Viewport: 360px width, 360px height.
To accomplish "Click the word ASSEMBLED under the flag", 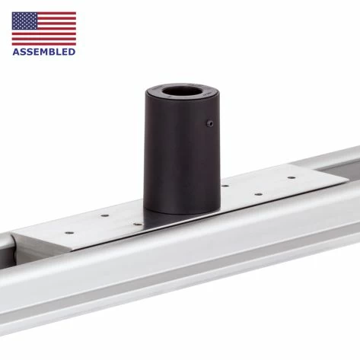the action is pos(44,52).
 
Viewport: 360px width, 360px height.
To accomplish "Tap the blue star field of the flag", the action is pos(24,21).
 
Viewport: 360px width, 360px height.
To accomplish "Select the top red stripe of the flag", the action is pos(56,13).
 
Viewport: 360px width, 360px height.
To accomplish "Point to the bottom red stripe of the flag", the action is pos(44,44).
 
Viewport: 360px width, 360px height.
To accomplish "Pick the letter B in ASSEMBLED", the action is pos(54,52).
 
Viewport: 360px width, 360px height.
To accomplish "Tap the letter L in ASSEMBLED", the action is pos(60,52).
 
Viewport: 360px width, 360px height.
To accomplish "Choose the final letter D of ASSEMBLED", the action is pos(72,52).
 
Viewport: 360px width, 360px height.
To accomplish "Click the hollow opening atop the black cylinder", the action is pos(182,91).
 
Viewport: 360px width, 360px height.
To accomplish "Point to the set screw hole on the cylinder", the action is pos(210,123).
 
